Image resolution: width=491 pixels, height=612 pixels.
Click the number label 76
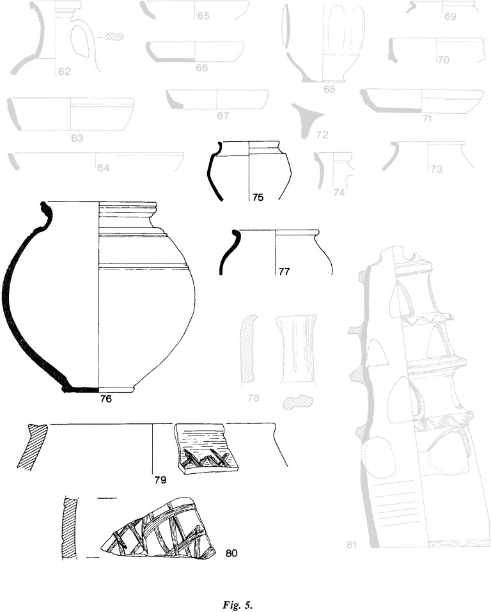point(105,399)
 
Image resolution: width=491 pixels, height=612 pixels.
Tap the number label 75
point(258,198)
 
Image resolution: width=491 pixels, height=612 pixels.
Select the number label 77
point(284,271)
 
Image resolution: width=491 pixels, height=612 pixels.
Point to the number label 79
point(160,479)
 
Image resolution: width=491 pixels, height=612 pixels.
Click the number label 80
point(231,553)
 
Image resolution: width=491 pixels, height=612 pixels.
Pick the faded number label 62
point(64,72)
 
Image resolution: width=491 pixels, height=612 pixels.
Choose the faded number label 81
point(352,544)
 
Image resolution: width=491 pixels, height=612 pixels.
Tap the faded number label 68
point(329,90)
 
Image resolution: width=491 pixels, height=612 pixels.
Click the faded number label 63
point(77,138)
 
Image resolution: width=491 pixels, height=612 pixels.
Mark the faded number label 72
point(322,135)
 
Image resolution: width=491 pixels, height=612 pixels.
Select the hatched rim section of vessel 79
point(31,446)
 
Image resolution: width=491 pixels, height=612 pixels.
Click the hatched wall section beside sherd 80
point(70,528)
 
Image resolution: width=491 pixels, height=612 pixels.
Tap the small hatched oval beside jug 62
point(114,36)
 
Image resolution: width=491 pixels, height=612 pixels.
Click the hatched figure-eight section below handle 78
point(298,402)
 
